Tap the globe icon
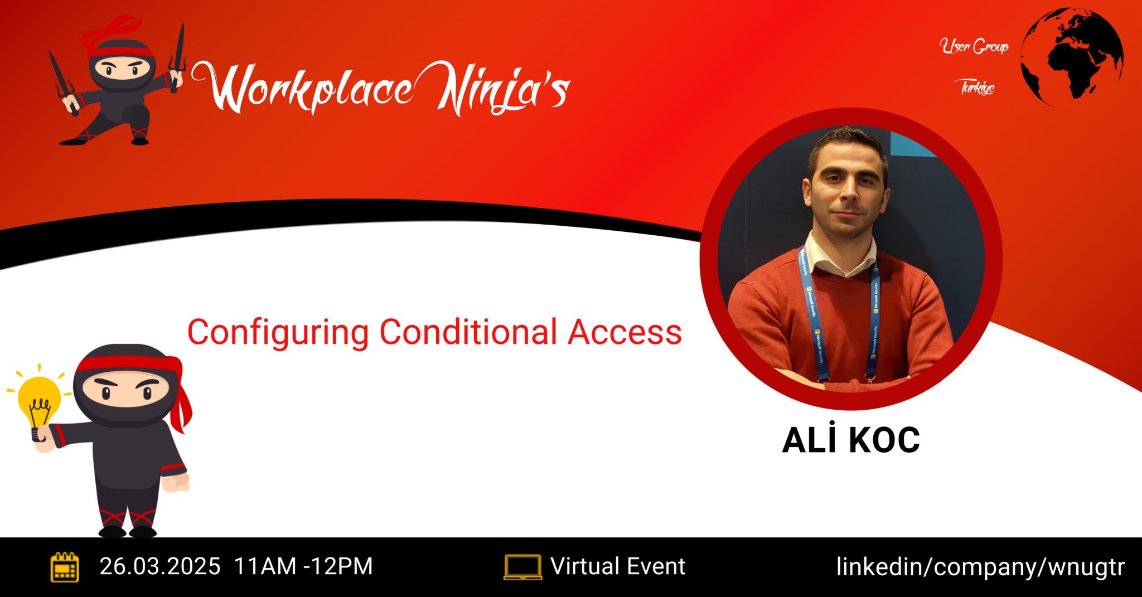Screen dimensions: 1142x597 click(1072, 57)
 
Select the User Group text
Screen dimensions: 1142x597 click(974, 46)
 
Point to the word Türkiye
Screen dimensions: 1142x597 click(978, 87)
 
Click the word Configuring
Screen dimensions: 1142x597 click(278, 333)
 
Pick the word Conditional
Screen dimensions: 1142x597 click(468, 332)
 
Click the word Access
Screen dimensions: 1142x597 click(625, 332)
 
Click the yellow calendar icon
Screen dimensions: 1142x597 click(65, 567)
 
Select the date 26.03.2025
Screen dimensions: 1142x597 click(160, 566)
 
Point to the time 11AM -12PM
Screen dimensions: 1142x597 click(303, 566)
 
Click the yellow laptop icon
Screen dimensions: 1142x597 click(522, 567)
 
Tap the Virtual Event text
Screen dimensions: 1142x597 click(618, 566)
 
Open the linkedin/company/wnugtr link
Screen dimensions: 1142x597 click(980, 567)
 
